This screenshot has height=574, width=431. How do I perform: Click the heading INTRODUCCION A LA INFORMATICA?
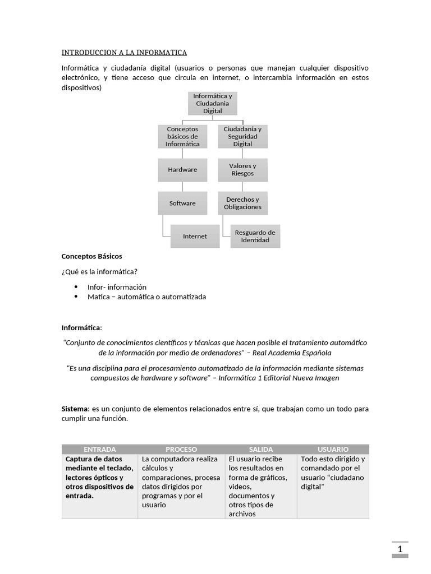click(124, 53)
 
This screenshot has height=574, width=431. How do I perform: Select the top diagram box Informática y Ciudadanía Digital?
click(213, 104)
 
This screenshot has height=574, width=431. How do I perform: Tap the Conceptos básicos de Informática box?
click(182, 136)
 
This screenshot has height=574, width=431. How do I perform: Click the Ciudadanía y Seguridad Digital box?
click(242, 136)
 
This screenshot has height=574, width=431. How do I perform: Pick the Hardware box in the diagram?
click(182, 169)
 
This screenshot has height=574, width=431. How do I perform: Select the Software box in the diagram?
click(182, 203)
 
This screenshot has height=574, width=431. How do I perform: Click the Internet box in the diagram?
click(195, 236)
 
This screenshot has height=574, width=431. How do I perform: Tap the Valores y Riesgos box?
click(242, 169)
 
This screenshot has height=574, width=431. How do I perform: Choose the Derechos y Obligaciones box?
click(242, 203)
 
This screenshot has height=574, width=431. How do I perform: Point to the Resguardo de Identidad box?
click(255, 236)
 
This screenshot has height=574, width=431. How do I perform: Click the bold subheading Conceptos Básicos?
click(91, 256)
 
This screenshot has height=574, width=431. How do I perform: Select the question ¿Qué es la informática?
click(99, 272)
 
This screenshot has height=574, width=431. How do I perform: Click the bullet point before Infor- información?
click(76, 287)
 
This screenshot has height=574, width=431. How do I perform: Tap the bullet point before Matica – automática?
click(76, 297)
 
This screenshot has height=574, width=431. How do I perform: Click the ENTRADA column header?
click(99, 449)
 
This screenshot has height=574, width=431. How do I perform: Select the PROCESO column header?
click(181, 449)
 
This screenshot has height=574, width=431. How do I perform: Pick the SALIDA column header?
click(261, 449)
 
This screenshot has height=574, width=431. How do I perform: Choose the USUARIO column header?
click(333, 449)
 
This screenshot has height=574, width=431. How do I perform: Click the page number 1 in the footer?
click(400, 549)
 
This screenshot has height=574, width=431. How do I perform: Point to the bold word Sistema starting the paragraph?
click(75, 409)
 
